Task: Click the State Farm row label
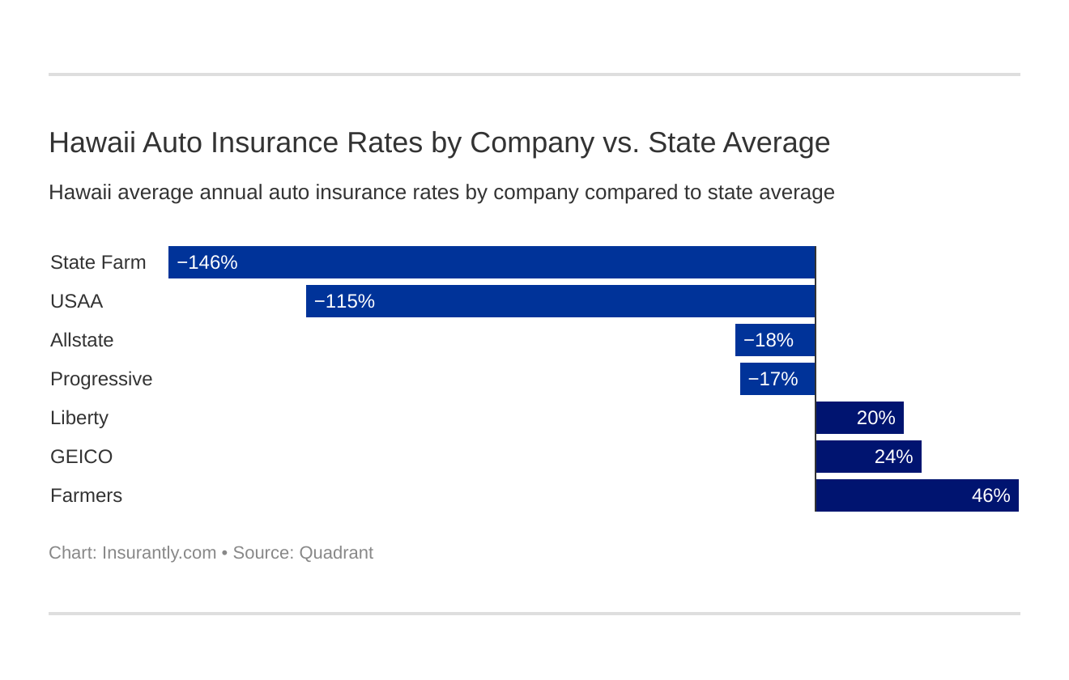click(x=98, y=262)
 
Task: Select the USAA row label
click(x=76, y=301)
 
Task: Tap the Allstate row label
click(x=82, y=340)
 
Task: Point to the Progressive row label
click(x=101, y=379)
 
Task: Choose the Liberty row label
click(x=79, y=418)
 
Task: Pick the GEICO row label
click(x=81, y=457)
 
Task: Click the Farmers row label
click(x=86, y=495)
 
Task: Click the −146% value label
click(x=207, y=262)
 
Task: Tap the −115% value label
click(x=344, y=301)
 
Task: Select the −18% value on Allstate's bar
click(x=768, y=340)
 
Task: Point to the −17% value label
click(x=773, y=379)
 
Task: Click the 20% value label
click(x=875, y=418)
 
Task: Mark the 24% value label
click(x=893, y=457)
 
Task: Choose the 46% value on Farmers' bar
click(x=990, y=495)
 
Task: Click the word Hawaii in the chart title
click(x=92, y=142)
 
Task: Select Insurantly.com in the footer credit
click(x=159, y=553)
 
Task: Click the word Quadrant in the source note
click(x=336, y=553)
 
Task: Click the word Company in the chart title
click(x=532, y=142)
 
